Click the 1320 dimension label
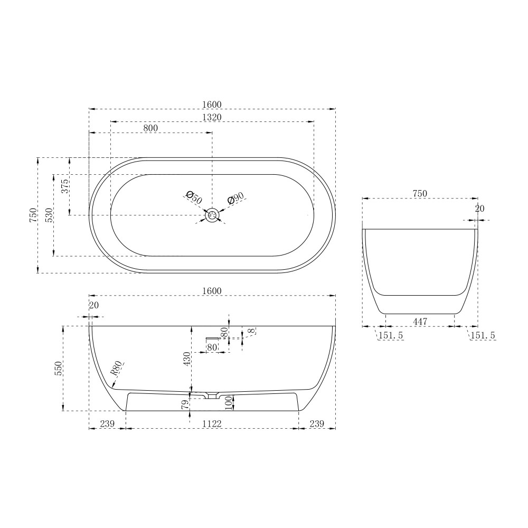point(212,117)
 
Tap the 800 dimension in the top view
point(150,128)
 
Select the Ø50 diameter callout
point(194,197)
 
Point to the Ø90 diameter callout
point(235,199)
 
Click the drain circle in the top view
point(212,215)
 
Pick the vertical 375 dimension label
point(64,186)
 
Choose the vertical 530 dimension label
point(49,215)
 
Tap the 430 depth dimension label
point(187,359)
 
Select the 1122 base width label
point(212,423)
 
